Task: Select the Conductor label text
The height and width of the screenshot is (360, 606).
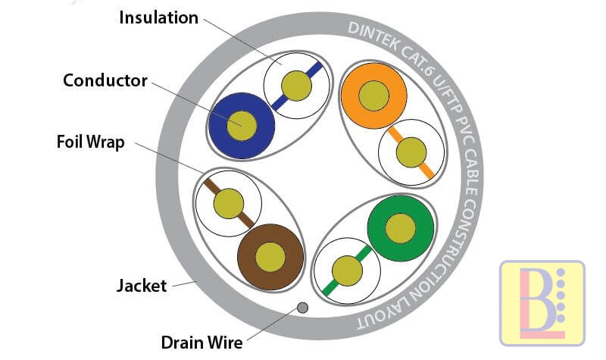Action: click(x=105, y=80)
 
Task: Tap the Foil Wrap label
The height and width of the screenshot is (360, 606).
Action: click(x=90, y=142)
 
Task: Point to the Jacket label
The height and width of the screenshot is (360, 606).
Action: click(x=141, y=286)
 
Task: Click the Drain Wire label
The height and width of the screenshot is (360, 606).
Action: click(x=201, y=343)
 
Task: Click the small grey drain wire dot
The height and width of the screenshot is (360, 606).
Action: click(x=302, y=308)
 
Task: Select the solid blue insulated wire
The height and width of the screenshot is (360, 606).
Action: click(x=241, y=125)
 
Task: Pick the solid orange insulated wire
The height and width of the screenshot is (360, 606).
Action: click(x=373, y=95)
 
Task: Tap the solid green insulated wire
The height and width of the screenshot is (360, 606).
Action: click(x=400, y=227)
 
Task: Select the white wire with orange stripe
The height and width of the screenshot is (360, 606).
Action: click(x=410, y=152)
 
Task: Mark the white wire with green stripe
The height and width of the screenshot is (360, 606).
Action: click(x=345, y=270)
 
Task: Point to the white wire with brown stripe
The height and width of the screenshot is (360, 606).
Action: click(x=228, y=203)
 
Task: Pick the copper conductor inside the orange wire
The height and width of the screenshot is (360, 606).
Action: click(x=373, y=95)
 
